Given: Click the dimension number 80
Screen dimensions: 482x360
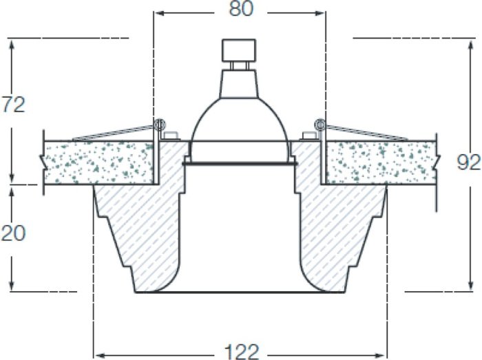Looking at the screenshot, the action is click(241, 9).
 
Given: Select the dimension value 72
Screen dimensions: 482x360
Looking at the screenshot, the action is click(13, 105).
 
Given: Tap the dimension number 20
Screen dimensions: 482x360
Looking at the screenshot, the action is click(13, 233).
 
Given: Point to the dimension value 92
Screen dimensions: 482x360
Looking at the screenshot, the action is click(468, 162).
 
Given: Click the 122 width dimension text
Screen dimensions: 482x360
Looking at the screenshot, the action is click(242, 352).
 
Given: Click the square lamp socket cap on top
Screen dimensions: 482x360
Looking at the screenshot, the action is click(239, 50).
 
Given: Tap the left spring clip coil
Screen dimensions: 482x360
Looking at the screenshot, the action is click(160, 125).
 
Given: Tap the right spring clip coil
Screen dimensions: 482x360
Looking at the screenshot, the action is click(320, 125).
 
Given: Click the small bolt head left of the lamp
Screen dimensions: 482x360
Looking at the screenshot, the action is click(171, 136).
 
